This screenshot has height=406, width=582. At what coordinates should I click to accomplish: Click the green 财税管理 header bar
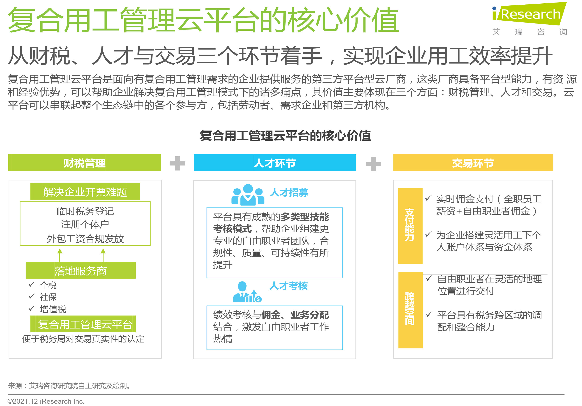click(x=84, y=162)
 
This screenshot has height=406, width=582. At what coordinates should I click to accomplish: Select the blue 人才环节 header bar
click(x=275, y=162)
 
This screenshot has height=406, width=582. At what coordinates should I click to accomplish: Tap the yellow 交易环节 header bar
click(x=473, y=162)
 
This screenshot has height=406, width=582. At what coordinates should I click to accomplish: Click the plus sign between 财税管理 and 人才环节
click(x=178, y=163)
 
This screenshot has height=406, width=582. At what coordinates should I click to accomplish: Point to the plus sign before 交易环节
click(x=374, y=164)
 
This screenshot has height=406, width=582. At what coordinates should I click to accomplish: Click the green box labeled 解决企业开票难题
click(x=85, y=192)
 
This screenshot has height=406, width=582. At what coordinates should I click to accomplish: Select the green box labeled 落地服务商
click(x=81, y=270)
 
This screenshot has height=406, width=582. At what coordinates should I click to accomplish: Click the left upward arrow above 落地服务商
click(x=60, y=255)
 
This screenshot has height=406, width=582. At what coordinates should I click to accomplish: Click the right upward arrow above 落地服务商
click(x=103, y=255)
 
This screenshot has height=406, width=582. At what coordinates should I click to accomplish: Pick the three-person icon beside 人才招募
click(x=248, y=195)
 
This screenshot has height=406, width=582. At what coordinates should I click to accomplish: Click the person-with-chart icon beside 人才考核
click(x=247, y=292)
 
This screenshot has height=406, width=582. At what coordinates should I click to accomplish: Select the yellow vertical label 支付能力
click(x=410, y=226)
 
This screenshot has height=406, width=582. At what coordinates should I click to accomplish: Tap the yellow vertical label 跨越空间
click(x=410, y=310)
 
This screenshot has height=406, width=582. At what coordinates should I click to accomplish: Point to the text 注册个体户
click(x=85, y=225)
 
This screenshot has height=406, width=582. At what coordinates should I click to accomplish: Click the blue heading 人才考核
click(x=289, y=286)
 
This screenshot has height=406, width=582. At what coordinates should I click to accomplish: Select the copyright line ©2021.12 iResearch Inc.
click(x=46, y=401)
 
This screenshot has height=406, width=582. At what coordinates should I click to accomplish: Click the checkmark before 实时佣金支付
click(x=428, y=198)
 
